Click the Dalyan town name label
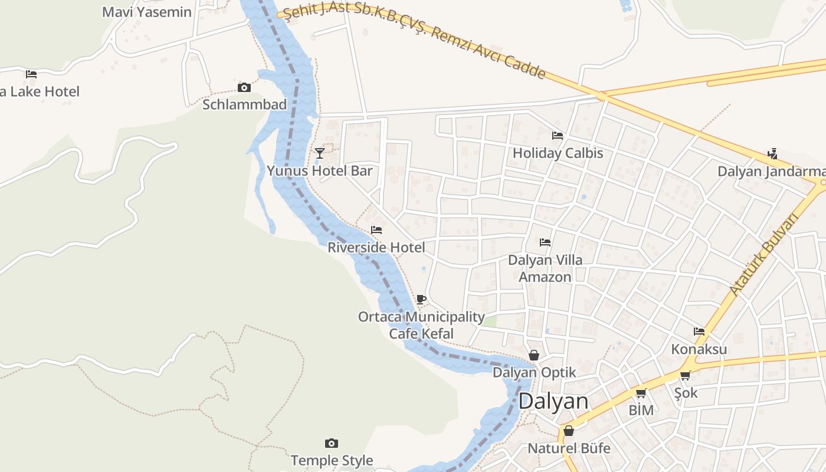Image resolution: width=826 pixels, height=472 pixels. pos(553,401)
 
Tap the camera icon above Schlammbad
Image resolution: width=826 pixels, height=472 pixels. pos(244,88)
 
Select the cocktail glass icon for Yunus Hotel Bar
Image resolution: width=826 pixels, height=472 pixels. pos(319,153)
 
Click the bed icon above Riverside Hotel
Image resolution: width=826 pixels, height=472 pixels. pos(376,230)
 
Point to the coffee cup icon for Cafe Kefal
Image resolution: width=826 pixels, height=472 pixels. pos(421,300)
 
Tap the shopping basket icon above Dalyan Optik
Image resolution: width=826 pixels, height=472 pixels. pos(534,355)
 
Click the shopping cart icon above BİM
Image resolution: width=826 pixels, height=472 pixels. pos(641,393)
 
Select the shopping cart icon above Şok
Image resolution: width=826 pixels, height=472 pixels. pos(685,375)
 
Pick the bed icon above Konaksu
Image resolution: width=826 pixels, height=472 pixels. pos(699,332)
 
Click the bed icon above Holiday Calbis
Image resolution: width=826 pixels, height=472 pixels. pos(558,136)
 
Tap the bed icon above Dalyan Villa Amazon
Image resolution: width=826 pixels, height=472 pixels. pos(545,242)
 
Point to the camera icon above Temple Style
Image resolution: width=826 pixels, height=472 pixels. pos(332,443)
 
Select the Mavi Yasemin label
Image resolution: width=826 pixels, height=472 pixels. pos(147,12)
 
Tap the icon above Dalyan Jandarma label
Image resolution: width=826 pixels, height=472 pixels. pos(772,154)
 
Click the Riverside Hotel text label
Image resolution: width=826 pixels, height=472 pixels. pos(376,247)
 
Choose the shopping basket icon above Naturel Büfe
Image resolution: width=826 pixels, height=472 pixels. pos(569,431)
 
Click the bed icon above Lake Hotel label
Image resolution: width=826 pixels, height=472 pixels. pos(31,74)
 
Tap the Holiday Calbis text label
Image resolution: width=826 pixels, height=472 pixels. pos(558,153)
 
